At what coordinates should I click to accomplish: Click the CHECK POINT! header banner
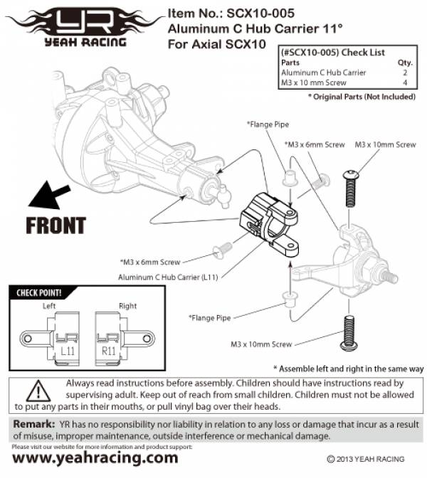point(39,292)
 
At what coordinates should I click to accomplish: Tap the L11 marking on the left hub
point(68,351)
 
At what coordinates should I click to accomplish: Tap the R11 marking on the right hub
point(108,351)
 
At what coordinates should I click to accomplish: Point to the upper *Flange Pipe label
point(267,124)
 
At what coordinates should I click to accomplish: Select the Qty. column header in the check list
point(404,62)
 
